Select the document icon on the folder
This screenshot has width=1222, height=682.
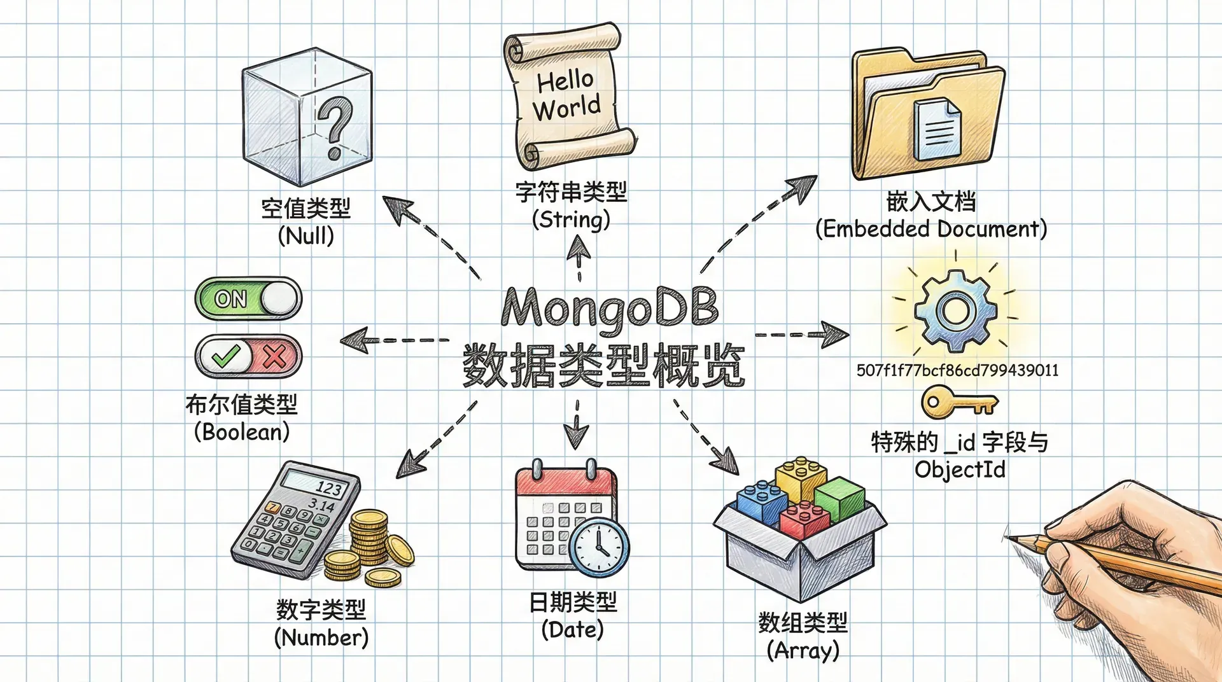click(x=937, y=130)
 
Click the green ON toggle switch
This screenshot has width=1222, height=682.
click(x=248, y=298)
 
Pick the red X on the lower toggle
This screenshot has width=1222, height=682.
click(x=275, y=356)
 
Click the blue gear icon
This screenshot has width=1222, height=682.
click(x=955, y=311)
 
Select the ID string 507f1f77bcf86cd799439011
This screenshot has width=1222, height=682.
click(x=957, y=370)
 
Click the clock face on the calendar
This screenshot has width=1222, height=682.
click(x=599, y=546)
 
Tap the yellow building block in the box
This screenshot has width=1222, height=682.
click(x=801, y=477)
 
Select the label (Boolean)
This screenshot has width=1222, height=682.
click(x=242, y=432)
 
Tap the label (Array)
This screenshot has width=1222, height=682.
click(x=803, y=650)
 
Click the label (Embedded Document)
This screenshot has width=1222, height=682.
click(x=931, y=228)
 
